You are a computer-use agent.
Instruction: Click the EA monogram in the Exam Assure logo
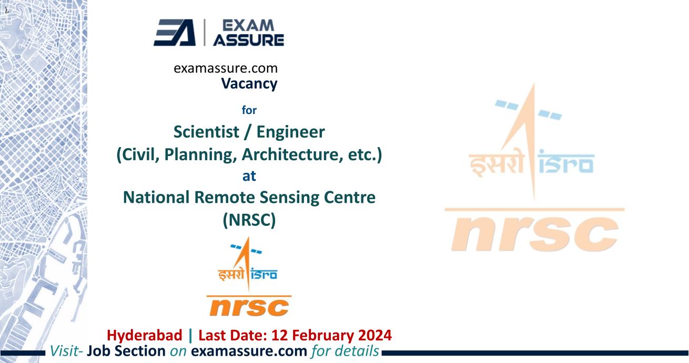174,33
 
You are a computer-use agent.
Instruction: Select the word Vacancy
249,84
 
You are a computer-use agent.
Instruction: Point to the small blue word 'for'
249,110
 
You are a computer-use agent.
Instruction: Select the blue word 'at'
249,176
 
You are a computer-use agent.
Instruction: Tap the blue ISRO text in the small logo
265,274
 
